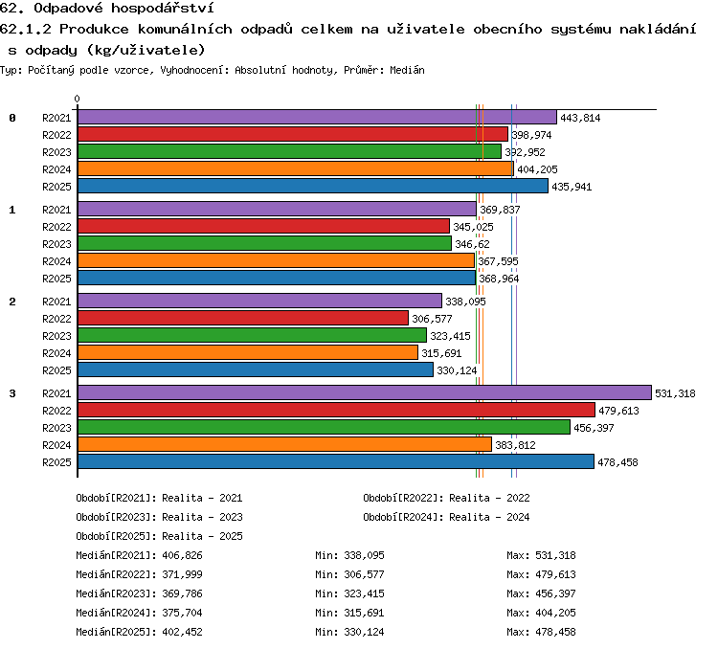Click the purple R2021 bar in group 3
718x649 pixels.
pyautogui.click(x=365, y=392)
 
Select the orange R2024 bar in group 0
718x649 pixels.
pyautogui.click(x=296, y=168)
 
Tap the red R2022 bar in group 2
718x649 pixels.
pyautogui.click(x=243, y=318)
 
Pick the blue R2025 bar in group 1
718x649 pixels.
pyautogui.click(x=277, y=278)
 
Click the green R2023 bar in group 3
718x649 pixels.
pyautogui.click(x=325, y=427)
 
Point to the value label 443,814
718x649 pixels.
pyautogui.click(x=580, y=118)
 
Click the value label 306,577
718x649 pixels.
pyautogui.click(x=432, y=319)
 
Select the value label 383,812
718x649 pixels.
pyautogui.click(x=515, y=445)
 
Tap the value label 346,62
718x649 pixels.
pyautogui.click(x=472, y=244)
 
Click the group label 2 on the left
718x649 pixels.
pyautogui.click(x=12, y=302)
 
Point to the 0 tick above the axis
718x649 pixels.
pyautogui.click(x=77, y=99)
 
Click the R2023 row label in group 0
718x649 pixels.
pyautogui.click(x=56, y=152)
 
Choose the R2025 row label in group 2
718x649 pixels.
pyautogui.click(x=56, y=370)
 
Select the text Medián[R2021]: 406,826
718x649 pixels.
pyautogui.click(x=139, y=555)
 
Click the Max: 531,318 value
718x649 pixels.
pyautogui.click(x=541, y=555)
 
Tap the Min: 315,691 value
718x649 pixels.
pyautogui.click(x=349, y=613)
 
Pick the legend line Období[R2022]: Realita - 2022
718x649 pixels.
pyautogui.click(x=446, y=498)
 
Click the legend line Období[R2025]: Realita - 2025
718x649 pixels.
pyautogui.click(x=159, y=536)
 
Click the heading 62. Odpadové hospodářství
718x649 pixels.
pyautogui.click(x=106, y=8)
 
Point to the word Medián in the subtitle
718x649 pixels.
pyautogui.click(x=407, y=70)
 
